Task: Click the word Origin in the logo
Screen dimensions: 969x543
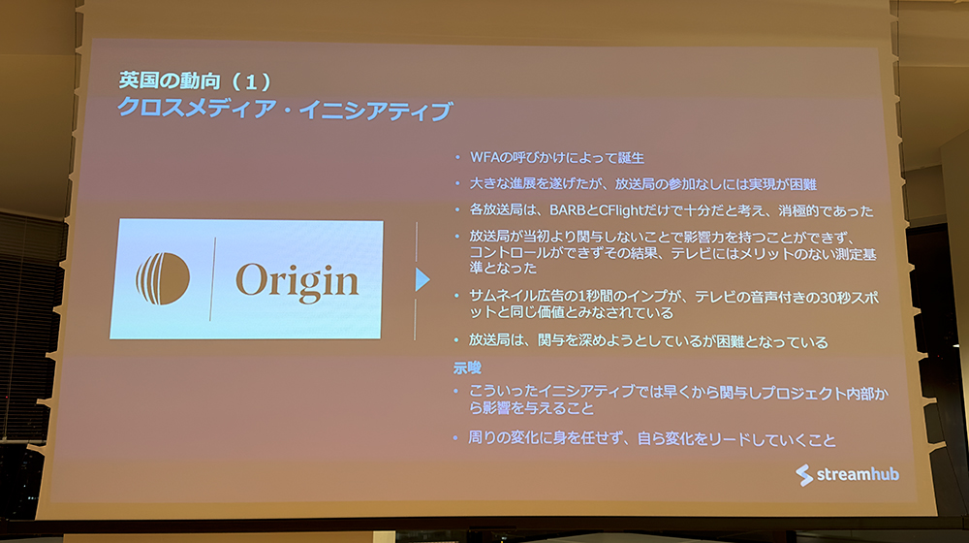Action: point(297,282)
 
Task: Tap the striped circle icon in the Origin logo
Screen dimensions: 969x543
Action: point(163,278)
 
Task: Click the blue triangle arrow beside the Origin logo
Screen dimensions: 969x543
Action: point(422,279)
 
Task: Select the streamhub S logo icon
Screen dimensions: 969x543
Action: point(804,475)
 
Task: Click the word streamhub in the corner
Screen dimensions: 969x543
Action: point(858,474)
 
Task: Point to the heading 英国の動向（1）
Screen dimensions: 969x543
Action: point(196,81)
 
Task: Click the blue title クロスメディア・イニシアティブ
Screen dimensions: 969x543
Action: point(285,110)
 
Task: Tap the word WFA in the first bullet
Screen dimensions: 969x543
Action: point(484,157)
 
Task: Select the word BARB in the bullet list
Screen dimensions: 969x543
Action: point(567,210)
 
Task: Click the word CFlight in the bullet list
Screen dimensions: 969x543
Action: point(621,210)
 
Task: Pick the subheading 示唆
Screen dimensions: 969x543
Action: point(467,367)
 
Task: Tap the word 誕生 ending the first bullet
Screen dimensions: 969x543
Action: point(631,158)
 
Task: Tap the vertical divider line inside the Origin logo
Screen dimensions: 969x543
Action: point(212,278)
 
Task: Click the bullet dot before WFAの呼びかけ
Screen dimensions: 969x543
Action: point(457,158)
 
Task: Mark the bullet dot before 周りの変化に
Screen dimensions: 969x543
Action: point(455,438)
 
